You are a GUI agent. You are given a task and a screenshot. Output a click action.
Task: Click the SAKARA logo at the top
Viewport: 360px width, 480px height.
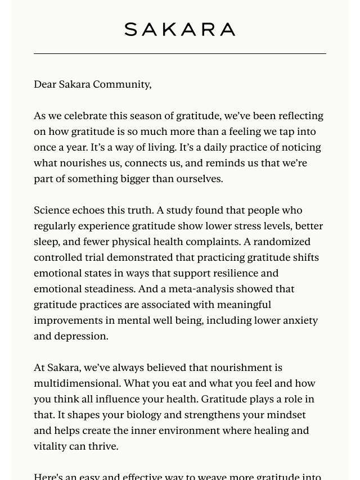(180, 29)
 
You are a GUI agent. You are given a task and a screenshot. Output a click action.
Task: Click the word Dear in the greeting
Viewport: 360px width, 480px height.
(45, 84)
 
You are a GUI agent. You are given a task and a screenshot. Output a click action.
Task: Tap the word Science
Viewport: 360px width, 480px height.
(53, 210)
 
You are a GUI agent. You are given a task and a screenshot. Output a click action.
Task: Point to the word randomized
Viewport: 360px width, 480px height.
(283, 242)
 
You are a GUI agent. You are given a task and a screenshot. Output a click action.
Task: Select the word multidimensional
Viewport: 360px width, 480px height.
(77, 383)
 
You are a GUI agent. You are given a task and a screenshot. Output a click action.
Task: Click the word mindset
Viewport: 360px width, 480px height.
(286, 415)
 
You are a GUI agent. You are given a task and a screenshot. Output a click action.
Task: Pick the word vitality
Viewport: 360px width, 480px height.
(51, 446)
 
